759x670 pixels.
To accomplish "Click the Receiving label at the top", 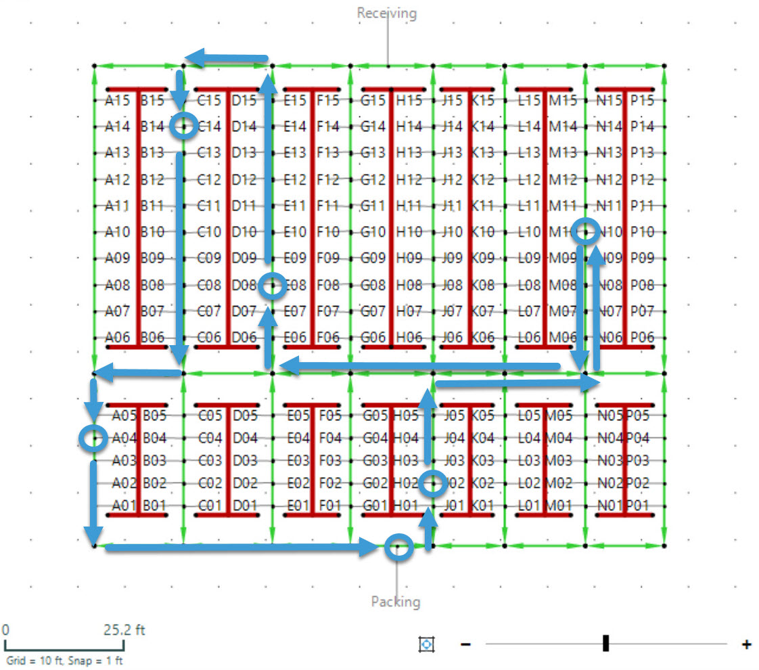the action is click(386, 13).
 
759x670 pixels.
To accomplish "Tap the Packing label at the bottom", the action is click(395, 601).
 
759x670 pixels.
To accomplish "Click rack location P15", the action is click(642, 101).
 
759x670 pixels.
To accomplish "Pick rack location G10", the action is click(375, 232).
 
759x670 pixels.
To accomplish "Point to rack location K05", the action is click(482, 415).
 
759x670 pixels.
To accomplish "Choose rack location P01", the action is click(637, 506).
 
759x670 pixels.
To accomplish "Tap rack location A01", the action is click(124, 506).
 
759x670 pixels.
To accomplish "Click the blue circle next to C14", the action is click(183, 126).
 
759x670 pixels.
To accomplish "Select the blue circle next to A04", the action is click(93, 439).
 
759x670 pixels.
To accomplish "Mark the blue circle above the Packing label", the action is click(398, 547).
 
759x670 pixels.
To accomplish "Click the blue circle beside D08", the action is click(273, 286).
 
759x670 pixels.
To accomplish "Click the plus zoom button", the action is click(746, 644).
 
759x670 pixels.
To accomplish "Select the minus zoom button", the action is click(465, 644).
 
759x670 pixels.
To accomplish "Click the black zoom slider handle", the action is click(605, 644).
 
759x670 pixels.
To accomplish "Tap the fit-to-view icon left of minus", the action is click(426, 644).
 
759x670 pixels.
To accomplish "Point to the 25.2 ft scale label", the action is click(124, 630).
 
